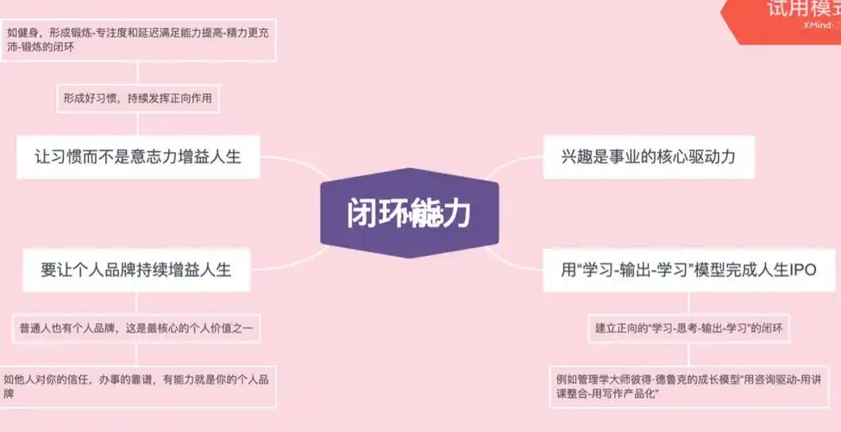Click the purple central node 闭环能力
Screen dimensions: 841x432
point(409,213)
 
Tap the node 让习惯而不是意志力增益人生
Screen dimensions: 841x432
point(138,156)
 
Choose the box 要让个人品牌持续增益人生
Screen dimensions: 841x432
point(136,270)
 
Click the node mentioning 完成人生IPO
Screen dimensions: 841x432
point(688,270)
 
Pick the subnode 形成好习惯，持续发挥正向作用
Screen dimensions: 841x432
point(136,98)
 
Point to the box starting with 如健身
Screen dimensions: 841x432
point(138,41)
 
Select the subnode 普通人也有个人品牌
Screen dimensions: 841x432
point(136,328)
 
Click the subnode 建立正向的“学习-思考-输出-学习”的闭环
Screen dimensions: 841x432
point(688,328)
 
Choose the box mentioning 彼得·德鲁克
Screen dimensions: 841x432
point(688,386)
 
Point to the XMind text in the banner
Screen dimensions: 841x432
point(815,26)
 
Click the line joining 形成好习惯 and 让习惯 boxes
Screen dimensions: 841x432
point(137,123)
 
